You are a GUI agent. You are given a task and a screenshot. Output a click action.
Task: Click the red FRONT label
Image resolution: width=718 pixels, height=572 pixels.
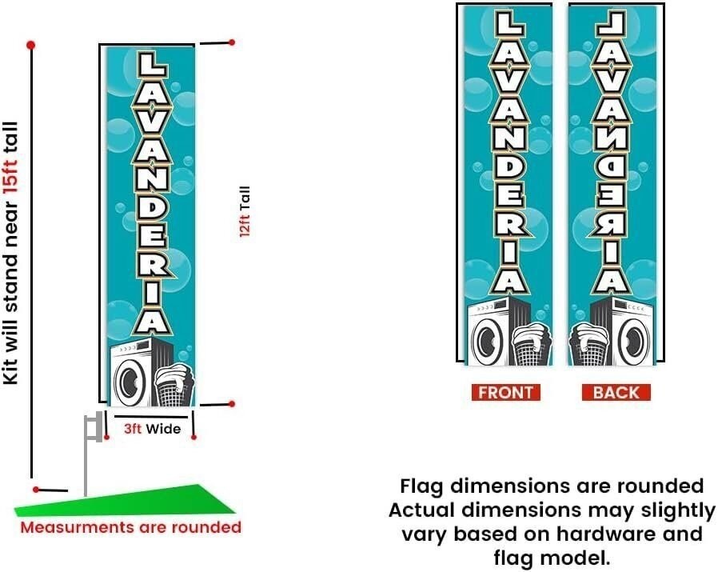(x=506, y=392)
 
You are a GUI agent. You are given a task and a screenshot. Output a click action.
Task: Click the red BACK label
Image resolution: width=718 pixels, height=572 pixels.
(x=616, y=392)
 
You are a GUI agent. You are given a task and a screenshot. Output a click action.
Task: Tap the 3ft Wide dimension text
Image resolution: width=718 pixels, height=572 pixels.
(x=153, y=429)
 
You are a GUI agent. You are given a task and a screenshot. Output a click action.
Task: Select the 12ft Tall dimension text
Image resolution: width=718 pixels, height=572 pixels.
(x=245, y=211)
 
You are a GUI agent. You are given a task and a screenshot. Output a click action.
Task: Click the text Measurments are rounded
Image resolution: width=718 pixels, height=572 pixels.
(x=131, y=527)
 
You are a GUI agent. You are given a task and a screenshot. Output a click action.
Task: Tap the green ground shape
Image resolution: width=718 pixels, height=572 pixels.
(x=125, y=502)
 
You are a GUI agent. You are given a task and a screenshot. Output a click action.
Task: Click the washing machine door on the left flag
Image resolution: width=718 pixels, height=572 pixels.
(x=130, y=381)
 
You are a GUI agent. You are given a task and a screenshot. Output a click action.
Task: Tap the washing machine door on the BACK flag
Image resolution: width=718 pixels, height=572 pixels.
(x=634, y=341)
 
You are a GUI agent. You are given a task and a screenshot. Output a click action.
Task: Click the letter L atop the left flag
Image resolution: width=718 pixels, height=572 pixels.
(x=152, y=65)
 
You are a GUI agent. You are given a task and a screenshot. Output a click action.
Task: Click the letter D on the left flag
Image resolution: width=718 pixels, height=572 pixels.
(x=152, y=210)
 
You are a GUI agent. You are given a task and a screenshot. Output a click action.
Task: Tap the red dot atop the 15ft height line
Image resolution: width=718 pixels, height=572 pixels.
(x=30, y=46)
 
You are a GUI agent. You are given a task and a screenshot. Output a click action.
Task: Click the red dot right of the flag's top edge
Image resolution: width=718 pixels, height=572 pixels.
(x=232, y=42)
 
